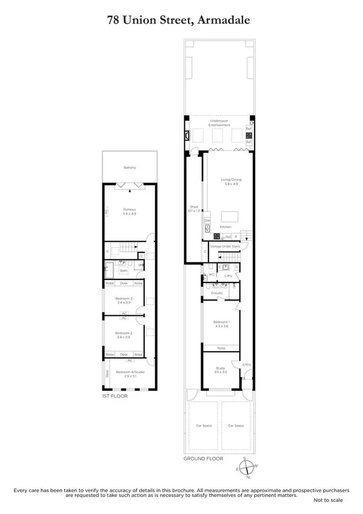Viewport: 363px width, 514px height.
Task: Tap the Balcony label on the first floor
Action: [x=130, y=167]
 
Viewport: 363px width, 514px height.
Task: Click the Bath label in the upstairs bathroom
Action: [x=123, y=270]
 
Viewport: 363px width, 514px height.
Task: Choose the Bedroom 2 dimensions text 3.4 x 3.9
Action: [x=127, y=337]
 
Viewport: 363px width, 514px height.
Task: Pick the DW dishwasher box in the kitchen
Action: [x=207, y=221]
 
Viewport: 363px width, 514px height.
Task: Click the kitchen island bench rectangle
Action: [x=230, y=216]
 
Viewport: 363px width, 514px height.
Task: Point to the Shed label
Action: [x=195, y=207]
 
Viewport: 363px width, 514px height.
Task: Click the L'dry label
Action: [x=228, y=276]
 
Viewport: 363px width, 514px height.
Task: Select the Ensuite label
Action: [x=216, y=293]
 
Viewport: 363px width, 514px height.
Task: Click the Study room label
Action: [x=220, y=368]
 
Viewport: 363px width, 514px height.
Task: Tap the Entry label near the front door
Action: [x=246, y=364]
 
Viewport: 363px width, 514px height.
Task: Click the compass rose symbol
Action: [x=247, y=467]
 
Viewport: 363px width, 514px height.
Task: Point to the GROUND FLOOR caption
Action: [x=204, y=459]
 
